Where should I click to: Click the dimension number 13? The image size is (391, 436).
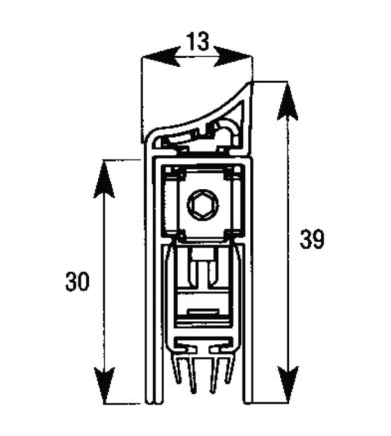pos(198,42)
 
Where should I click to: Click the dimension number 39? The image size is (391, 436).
pos(312,239)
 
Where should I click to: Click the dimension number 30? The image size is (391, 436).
pos(78,281)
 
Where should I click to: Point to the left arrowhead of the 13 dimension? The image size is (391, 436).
pos(161,57)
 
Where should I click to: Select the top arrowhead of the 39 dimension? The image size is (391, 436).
pos(288,101)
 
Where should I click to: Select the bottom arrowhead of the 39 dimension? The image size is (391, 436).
pos(288,384)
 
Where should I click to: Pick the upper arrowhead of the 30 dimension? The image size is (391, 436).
pos(104,179)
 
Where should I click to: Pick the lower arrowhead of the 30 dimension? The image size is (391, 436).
pos(104,385)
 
